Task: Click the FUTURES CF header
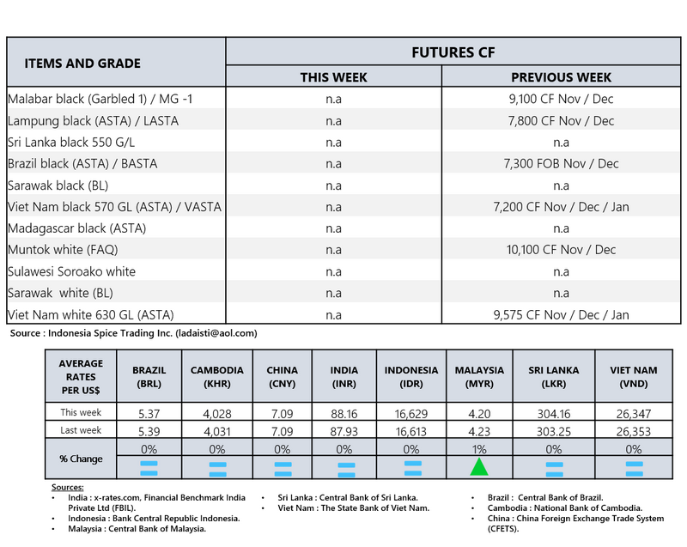[x=453, y=52]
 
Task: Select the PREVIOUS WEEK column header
[x=561, y=77]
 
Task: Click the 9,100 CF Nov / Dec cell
[x=561, y=99]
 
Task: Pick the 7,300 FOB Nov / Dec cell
[x=561, y=163]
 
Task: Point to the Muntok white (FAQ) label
[x=63, y=250]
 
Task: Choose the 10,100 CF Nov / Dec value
[x=561, y=250]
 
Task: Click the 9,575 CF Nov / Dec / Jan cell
[x=561, y=314]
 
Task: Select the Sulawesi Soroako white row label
[x=71, y=271]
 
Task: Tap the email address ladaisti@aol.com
[x=218, y=332]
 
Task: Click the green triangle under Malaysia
[x=479, y=467]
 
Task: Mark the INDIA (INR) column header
[x=344, y=377]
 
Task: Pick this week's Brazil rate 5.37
[x=149, y=413]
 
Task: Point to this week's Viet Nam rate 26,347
[x=634, y=413]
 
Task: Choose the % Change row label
[x=81, y=459]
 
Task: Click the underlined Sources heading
[x=68, y=487]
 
